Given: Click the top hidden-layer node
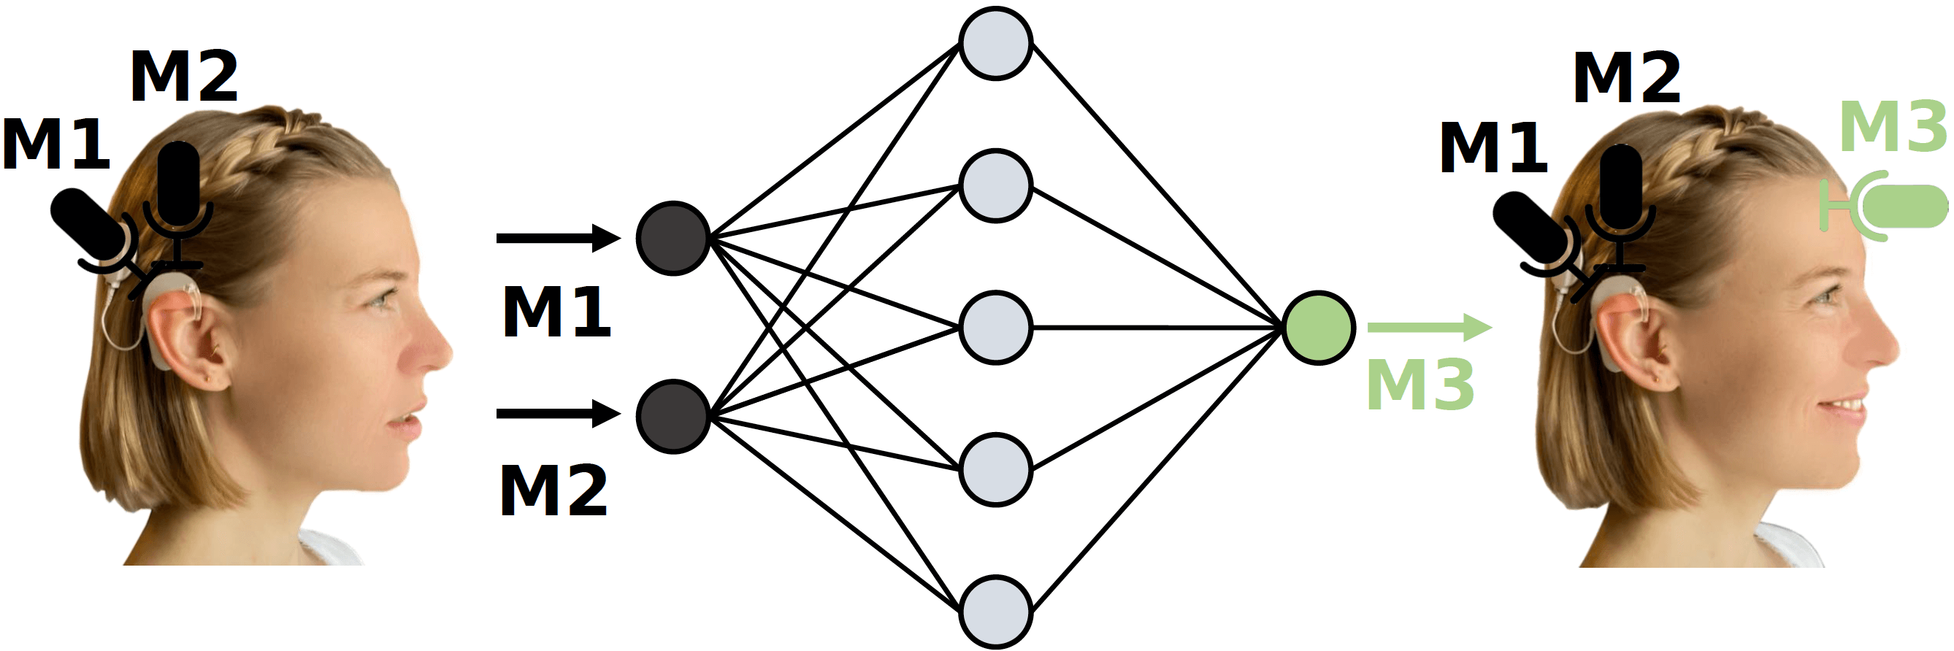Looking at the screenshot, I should (995, 43).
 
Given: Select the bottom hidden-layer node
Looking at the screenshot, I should (995, 612).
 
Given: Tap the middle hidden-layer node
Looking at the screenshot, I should (995, 328).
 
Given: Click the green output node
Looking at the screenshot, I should (1318, 328).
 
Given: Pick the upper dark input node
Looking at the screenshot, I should (673, 238).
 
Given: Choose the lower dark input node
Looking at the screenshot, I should (673, 416).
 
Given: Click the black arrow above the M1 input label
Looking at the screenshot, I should (558, 238).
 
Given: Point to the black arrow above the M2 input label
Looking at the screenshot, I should (558, 414).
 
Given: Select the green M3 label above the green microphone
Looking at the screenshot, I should (1893, 127).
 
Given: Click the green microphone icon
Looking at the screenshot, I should (1889, 206).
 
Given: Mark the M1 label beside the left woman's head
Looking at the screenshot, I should (56, 144).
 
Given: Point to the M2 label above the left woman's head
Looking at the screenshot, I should (184, 77).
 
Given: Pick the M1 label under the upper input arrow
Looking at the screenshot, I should (556, 312).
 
